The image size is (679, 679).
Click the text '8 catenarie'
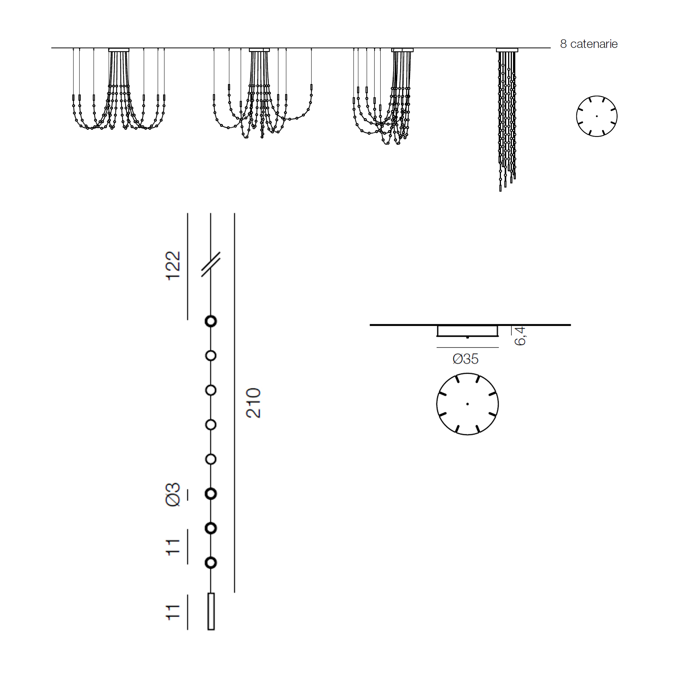[x=588, y=44]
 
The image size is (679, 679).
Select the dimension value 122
[x=173, y=266]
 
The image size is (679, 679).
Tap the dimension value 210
[x=253, y=403]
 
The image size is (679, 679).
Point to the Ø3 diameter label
[x=173, y=494]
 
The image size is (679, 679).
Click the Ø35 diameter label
[x=465, y=359]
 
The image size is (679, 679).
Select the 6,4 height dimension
[x=520, y=336]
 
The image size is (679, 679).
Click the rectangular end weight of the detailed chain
[x=211, y=611]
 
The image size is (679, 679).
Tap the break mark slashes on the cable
[x=210, y=264]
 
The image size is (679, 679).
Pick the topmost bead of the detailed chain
[x=211, y=321]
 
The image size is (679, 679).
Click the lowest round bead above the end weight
[x=211, y=563]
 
